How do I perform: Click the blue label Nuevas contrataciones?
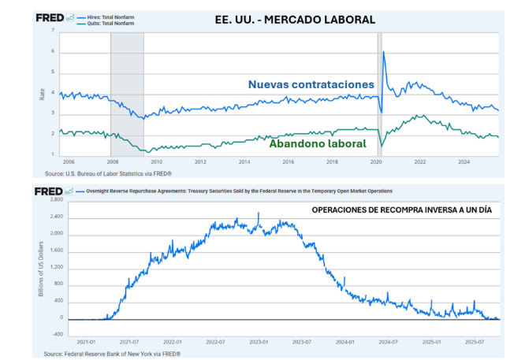click(311, 84)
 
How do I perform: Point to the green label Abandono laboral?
click(318, 143)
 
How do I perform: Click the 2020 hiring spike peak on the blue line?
click(383, 52)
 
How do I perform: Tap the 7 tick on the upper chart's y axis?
click(53, 31)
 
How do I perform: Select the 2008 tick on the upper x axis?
click(113, 161)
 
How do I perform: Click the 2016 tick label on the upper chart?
click(289, 161)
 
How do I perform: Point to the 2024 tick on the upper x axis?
click(464, 161)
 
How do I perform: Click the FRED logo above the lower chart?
click(50, 191)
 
